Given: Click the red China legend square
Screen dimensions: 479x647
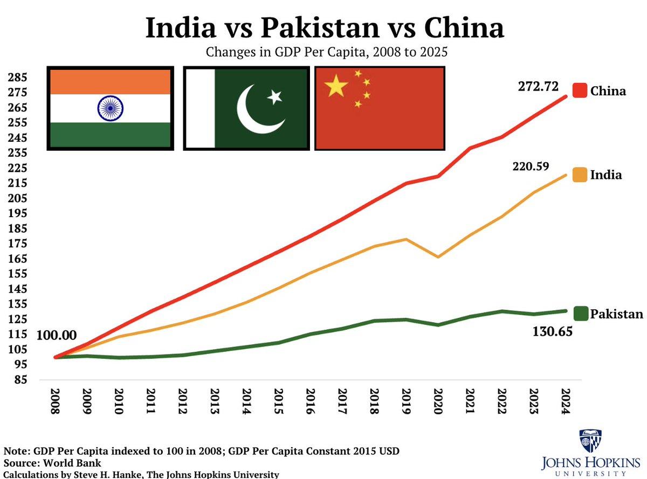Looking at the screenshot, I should tap(580, 91).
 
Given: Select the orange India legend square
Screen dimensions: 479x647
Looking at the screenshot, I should tap(580, 175).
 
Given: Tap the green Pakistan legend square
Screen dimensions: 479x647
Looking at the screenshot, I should tap(580, 313).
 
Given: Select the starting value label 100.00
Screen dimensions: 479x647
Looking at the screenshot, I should tap(57, 335).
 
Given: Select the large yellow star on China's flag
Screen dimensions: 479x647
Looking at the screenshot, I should tap(336, 86).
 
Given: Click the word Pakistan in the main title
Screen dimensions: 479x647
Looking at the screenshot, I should tap(324, 28).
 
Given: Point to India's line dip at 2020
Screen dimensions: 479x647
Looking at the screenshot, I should tap(438, 257).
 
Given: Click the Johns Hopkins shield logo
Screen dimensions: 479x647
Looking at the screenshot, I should tap(590, 441).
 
